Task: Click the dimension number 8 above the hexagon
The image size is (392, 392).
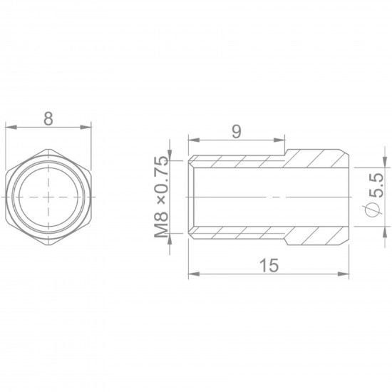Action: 48,119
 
